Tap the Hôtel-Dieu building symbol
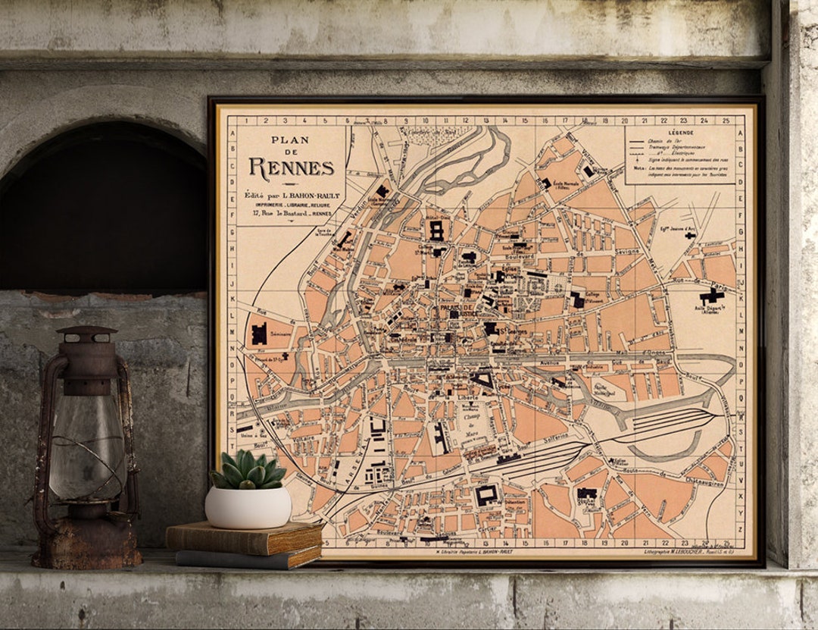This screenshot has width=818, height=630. [x=436, y=230]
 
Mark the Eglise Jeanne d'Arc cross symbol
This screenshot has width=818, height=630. [x=690, y=236]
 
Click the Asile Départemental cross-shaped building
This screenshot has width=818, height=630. [x=711, y=296]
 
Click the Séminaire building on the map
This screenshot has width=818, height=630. [x=260, y=333]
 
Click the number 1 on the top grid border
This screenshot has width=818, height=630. [x=247, y=121]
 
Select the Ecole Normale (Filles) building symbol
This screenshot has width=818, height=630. [x=546, y=183]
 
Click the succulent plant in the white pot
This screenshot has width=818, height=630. [x=248, y=470]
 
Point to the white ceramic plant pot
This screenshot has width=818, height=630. [x=248, y=507]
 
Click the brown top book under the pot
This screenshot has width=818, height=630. [x=244, y=538]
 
